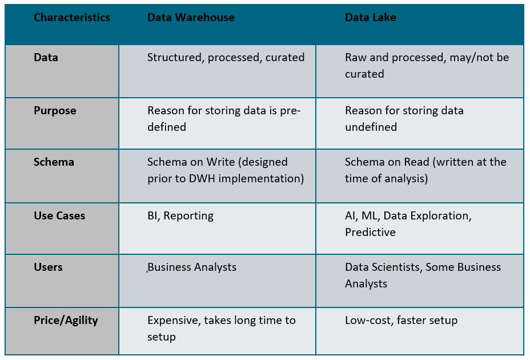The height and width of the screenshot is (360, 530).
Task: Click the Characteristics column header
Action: click(x=71, y=17)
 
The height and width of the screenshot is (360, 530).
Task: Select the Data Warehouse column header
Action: click(x=191, y=17)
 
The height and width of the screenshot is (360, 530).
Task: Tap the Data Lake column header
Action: click(x=371, y=17)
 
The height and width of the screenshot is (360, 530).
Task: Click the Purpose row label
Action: click(x=55, y=111)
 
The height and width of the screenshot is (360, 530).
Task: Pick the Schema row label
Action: click(x=54, y=162)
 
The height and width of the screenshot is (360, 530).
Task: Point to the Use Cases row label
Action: click(x=59, y=216)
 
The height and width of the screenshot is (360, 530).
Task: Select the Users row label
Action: click(x=48, y=267)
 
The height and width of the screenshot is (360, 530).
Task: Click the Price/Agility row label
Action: click(x=66, y=321)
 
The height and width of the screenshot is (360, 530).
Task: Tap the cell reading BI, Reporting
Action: click(x=180, y=216)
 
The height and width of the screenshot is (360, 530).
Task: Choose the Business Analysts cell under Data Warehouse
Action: click(x=192, y=267)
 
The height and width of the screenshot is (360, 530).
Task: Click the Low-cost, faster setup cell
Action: click(x=401, y=321)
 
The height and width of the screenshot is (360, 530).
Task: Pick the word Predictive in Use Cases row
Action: click(x=370, y=233)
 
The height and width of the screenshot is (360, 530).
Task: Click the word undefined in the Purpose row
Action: click(x=371, y=127)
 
